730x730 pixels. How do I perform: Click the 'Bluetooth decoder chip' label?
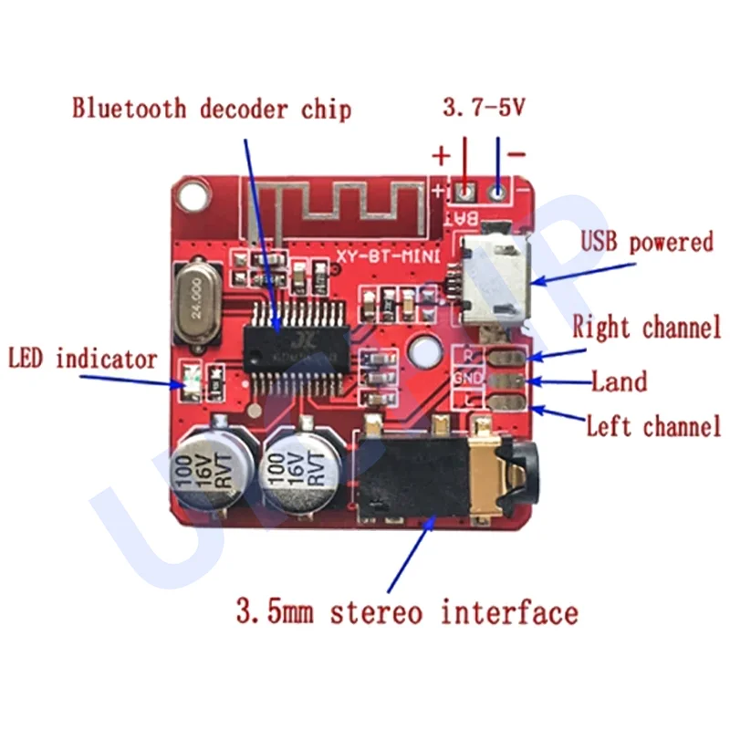[x=212, y=109]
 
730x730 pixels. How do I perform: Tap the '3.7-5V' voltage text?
[x=483, y=109]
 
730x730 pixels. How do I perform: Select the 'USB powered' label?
[x=646, y=243]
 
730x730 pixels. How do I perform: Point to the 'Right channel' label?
[x=647, y=327]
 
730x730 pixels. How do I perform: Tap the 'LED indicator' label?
[x=83, y=359]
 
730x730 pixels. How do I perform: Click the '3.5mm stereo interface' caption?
[x=406, y=610]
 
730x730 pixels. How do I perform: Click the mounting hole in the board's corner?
[x=193, y=193]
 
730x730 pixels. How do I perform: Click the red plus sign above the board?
[x=442, y=156]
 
